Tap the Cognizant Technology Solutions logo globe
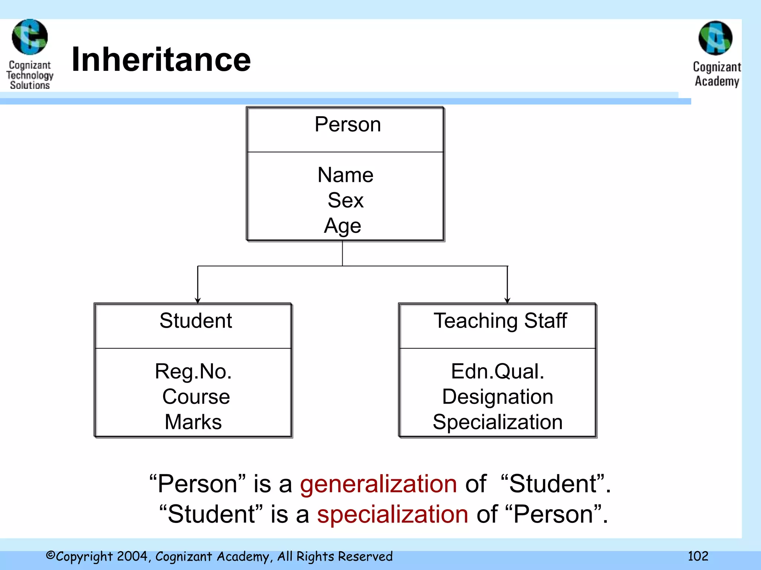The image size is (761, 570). (x=30, y=37)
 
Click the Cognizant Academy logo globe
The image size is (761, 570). (x=715, y=38)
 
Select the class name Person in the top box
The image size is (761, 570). (x=348, y=124)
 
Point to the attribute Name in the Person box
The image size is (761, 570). (x=345, y=175)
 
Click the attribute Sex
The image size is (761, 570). (x=345, y=200)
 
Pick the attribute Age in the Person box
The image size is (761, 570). (x=343, y=226)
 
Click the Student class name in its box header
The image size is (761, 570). (x=196, y=321)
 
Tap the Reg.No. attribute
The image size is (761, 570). (x=193, y=371)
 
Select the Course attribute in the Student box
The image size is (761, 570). (x=196, y=397)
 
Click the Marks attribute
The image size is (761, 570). (x=193, y=422)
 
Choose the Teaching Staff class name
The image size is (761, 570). (x=500, y=321)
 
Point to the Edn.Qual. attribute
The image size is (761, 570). (x=498, y=371)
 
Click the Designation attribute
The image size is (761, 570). (x=498, y=397)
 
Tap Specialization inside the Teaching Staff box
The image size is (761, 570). (x=498, y=422)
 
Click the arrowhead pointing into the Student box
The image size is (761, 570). (x=198, y=300)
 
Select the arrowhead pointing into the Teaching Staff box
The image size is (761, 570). (x=507, y=300)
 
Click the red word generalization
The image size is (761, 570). (x=378, y=484)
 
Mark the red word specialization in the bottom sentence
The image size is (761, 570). (x=392, y=514)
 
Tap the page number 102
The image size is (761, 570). (x=698, y=556)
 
